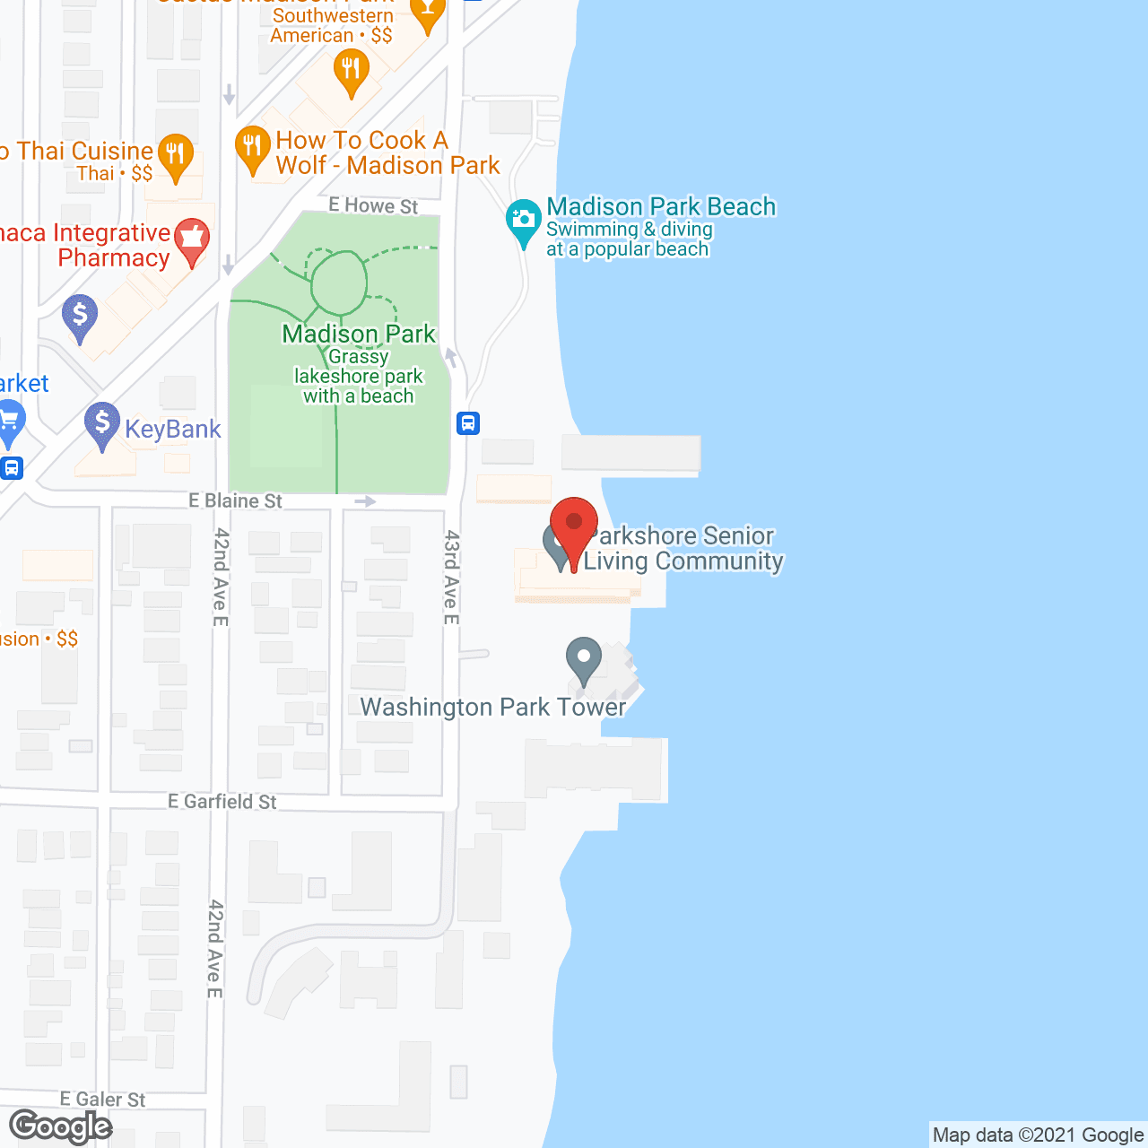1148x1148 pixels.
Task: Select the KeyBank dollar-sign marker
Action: pyautogui.click(x=102, y=423)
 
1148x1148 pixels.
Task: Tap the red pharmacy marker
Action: pyautogui.click(x=191, y=240)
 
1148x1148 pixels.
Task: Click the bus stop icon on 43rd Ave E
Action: pyautogui.click(x=468, y=422)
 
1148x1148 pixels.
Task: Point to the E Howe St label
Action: pyautogui.click(x=373, y=205)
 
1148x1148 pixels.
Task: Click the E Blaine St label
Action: pyautogui.click(x=235, y=500)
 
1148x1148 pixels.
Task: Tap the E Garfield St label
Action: pyautogui.click(x=222, y=801)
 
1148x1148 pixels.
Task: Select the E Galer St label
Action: pyautogui.click(x=102, y=1099)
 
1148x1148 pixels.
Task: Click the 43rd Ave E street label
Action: pyautogui.click(x=451, y=577)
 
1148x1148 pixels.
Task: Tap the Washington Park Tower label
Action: pyautogui.click(x=492, y=707)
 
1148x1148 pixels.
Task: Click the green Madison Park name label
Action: pyautogui.click(x=359, y=334)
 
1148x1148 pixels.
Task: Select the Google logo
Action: pyautogui.click(x=60, y=1126)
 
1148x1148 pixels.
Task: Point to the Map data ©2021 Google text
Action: pyautogui.click(x=1038, y=1135)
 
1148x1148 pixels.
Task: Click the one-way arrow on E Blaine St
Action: pyautogui.click(x=365, y=500)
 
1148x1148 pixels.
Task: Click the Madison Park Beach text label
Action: pyautogui.click(x=661, y=206)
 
